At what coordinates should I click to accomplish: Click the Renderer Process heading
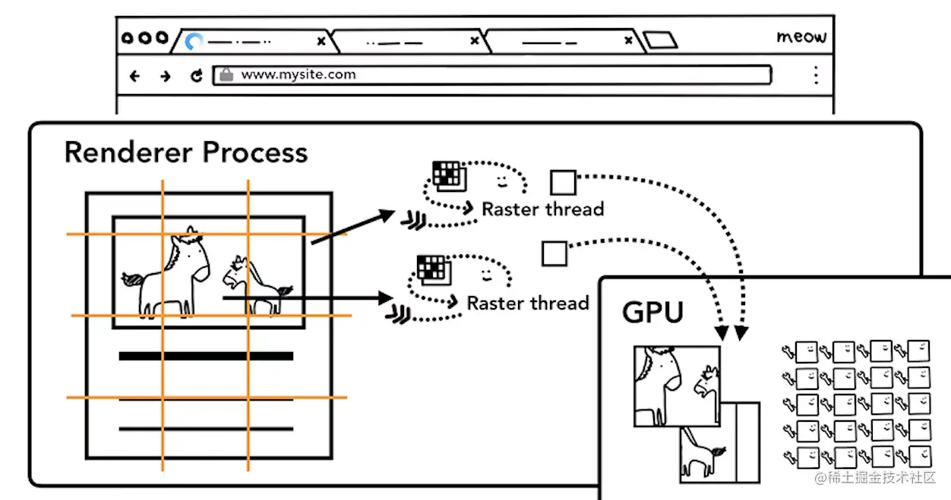(186, 153)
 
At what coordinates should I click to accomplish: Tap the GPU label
(652, 313)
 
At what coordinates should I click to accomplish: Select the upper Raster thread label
(542, 209)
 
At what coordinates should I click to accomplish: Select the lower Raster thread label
(527, 303)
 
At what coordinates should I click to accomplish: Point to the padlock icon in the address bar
(226, 74)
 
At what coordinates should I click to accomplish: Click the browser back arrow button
(135, 75)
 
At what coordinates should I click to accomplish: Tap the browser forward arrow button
(165, 75)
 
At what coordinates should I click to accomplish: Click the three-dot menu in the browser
(816, 74)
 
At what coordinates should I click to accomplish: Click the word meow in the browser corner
(801, 37)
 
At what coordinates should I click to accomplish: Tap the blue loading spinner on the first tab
(194, 41)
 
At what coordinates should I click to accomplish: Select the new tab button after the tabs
(659, 40)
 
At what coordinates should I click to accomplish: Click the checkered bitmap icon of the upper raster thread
(447, 176)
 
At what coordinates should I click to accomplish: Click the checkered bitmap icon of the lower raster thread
(431, 269)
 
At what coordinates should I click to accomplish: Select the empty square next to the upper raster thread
(563, 183)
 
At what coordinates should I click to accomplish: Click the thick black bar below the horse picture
(206, 356)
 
